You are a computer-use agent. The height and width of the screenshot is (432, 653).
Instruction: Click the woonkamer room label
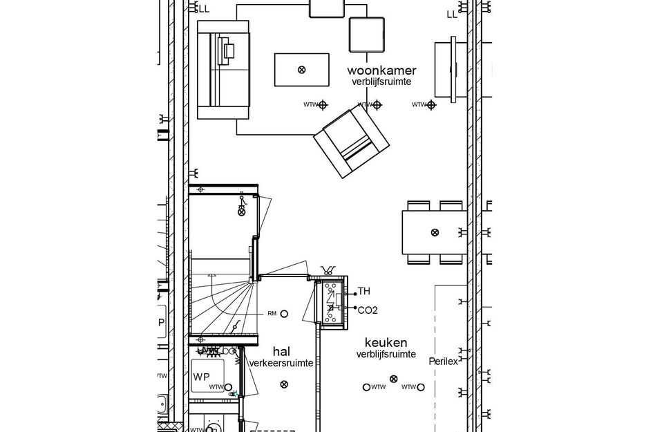tap(381, 71)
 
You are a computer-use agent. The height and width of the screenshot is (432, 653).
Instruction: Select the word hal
tap(281, 351)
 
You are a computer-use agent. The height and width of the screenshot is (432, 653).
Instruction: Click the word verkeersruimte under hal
tap(281, 363)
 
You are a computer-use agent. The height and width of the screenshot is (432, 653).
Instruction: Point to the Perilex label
tap(443, 361)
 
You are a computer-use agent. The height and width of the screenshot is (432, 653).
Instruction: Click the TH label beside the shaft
tap(364, 292)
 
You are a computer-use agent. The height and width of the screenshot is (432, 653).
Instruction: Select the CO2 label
tap(367, 310)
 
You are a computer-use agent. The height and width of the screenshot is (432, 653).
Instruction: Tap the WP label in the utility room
tap(201, 377)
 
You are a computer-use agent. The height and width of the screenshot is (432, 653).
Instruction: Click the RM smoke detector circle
tap(284, 314)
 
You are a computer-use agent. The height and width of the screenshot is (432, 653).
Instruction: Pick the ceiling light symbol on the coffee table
tap(301, 69)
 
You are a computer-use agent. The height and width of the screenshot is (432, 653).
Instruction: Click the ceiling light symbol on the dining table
tap(434, 232)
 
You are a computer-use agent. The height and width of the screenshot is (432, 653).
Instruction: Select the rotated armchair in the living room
tap(350, 142)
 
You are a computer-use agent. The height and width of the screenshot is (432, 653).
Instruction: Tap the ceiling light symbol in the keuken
tap(394, 378)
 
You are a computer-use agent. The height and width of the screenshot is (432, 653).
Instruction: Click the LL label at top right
tap(452, 13)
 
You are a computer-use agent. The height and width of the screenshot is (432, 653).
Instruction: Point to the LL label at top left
tap(203, 9)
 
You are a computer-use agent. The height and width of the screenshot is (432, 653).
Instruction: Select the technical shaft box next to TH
tap(330, 302)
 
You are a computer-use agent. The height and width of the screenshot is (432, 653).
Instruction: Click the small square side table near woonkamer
tap(366, 34)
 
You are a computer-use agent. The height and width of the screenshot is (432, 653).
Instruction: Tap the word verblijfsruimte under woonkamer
tap(381, 82)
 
